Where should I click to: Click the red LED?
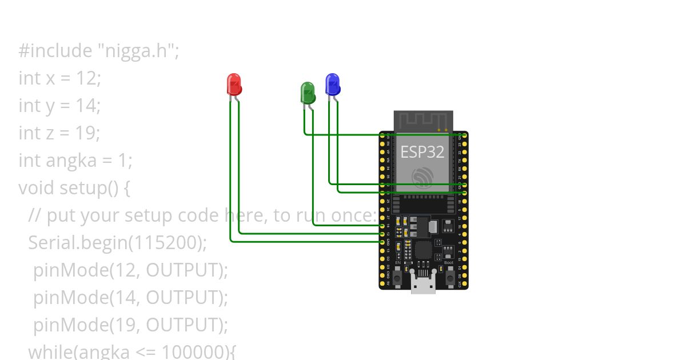click(x=234, y=85)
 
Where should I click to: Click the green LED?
click(x=308, y=93)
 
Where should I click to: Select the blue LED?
click(x=332, y=85)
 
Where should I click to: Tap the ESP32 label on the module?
click(x=422, y=152)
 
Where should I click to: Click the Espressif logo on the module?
click(x=423, y=177)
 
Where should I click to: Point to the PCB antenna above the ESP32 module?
click(x=423, y=121)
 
